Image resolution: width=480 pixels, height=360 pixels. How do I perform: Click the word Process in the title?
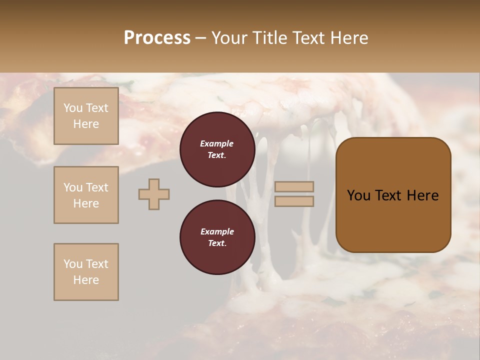click(x=157, y=38)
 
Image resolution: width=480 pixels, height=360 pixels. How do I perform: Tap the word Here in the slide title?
click(x=347, y=38)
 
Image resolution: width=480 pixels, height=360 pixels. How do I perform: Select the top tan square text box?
click(x=86, y=116)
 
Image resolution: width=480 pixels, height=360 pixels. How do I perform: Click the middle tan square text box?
click(x=86, y=195)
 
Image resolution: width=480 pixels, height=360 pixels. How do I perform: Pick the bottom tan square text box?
click(x=86, y=272)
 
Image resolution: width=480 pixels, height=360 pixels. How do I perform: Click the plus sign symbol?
click(x=154, y=194)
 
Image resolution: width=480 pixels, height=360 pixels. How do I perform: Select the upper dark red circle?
click(x=217, y=149)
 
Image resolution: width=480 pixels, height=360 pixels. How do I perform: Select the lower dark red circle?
click(x=217, y=237)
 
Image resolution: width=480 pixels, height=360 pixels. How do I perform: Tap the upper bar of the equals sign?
click(x=294, y=186)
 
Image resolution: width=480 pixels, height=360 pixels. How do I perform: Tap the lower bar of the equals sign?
click(x=294, y=201)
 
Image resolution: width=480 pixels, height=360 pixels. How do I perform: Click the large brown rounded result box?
click(x=393, y=195)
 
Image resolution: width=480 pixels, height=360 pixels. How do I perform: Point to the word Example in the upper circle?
click(x=217, y=143)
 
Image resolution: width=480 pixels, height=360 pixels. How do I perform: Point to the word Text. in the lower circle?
click(x=217, y=243)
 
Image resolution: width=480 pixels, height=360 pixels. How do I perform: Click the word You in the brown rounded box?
click(x=358, y=195)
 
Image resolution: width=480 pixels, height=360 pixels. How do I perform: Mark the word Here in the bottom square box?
click(x=86, y=280)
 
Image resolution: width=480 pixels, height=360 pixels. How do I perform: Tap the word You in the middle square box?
click(x=72, y=187)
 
